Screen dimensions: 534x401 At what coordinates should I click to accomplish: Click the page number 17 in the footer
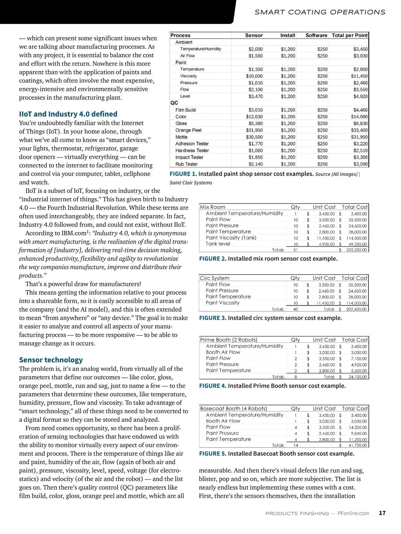coord(382,513)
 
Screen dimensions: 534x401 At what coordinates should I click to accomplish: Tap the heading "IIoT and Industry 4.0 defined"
coord(68,114)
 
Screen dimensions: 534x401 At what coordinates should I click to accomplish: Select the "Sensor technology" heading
coord(51,360)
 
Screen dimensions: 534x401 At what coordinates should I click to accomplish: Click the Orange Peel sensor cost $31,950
coord(254,130)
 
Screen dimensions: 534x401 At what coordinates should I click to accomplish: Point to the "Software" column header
coord(316,35)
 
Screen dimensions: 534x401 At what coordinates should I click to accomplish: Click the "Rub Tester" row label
coord(186,164)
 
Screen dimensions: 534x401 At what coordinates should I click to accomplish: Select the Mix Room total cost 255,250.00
coord(356,250)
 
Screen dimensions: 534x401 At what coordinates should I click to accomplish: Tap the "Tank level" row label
coord(218,244)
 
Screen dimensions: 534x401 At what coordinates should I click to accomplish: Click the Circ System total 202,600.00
coord(356,309)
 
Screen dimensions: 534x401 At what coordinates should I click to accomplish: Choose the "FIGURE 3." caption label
coord(213,318)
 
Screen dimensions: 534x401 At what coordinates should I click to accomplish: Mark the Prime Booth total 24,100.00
coord(358,377)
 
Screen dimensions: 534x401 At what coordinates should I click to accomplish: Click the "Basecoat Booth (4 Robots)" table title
coord(233,409)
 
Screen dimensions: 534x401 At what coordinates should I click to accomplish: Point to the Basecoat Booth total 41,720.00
coord(358,445)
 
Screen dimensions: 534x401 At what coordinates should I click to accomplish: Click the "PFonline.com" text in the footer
coord(353,513)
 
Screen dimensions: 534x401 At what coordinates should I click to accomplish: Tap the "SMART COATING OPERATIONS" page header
coord(320,12)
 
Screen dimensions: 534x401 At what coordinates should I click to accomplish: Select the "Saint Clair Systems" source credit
coord(191,183)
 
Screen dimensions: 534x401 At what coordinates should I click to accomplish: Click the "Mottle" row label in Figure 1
coord(181,137)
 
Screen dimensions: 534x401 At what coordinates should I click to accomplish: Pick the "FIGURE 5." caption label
coord(213,454)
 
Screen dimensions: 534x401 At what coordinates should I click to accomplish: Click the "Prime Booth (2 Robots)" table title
coord(229,340)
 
